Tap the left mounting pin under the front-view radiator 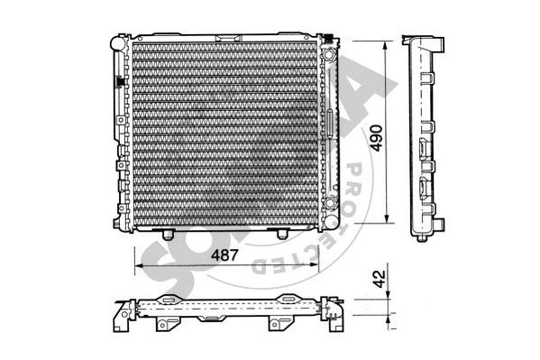[169, 235]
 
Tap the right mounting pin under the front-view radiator [282, 235]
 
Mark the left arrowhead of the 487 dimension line [138, 267]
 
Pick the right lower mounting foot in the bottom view [272, 324]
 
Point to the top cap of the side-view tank [424, 41]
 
